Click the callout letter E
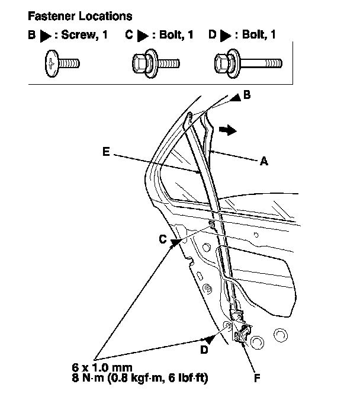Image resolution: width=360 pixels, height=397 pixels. click(105, 152)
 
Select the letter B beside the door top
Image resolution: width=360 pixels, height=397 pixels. click(247, 95)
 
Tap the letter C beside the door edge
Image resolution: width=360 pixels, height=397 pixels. click(162, 239)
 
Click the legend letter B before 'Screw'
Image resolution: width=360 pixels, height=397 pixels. click(31, 36)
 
